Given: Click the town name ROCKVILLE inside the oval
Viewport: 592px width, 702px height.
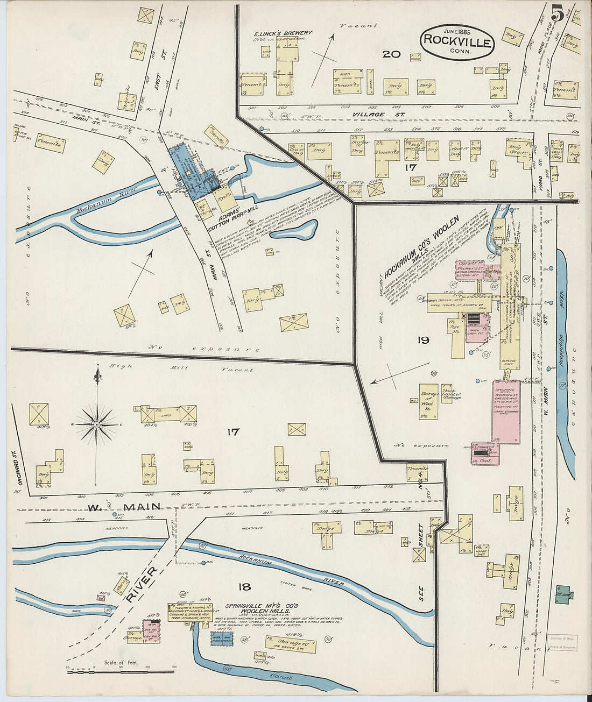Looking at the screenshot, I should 457,41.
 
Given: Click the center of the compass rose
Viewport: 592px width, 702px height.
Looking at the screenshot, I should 97,424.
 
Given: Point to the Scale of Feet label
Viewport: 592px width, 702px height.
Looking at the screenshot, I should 121,662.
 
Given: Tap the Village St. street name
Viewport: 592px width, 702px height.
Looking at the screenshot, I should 369,115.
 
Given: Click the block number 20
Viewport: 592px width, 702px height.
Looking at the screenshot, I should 391,54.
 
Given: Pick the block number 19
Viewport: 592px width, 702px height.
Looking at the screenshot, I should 422,339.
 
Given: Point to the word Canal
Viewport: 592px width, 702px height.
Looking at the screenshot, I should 283,678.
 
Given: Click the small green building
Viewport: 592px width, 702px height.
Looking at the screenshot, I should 563,593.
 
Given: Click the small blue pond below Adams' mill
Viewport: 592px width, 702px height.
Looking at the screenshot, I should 301,230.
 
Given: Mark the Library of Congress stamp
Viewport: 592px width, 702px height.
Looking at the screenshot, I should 562,643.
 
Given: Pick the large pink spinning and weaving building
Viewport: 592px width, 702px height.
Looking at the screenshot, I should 505,414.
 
